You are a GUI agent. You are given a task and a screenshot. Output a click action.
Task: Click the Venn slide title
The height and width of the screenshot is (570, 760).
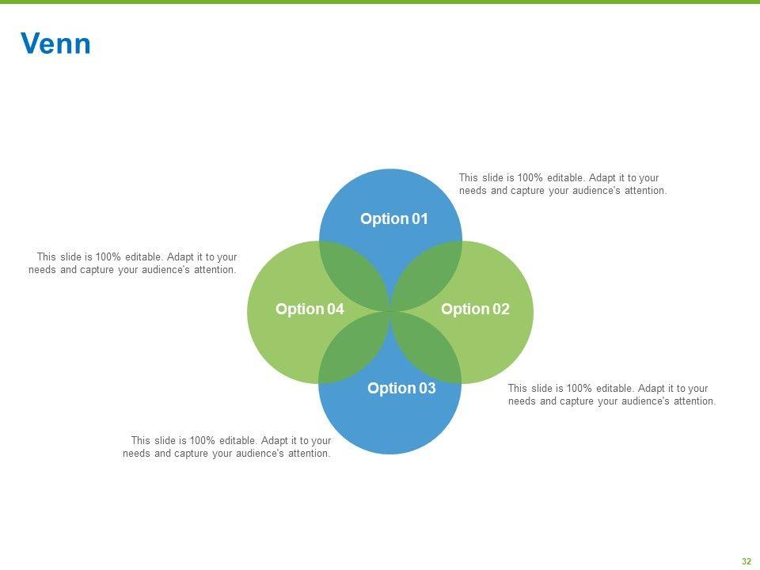click(x=55, y=44)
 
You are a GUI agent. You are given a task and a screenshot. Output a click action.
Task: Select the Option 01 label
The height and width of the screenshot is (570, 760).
click(x=393, y=219)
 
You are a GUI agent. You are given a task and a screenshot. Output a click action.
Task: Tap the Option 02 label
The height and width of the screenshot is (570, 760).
click(x=475, y=310)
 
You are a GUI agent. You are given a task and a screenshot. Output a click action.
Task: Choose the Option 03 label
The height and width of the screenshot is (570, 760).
click(x=401, y=389)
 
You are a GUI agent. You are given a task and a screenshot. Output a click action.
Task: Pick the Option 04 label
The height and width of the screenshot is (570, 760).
click(x=310, y=310)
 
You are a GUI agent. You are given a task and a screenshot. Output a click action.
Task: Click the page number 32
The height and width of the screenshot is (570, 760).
click(x=746, y=561)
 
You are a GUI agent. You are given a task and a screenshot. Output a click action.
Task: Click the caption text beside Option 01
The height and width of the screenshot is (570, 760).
click(x=562, y=184)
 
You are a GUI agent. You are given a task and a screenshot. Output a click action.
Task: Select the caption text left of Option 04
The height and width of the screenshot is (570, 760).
click(x=133, y=264)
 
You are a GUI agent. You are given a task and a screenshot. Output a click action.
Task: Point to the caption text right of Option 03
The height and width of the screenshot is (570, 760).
click(x=611, y=395)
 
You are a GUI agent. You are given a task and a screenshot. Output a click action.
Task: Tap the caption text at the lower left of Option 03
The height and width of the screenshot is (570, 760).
click(x=227, y=447)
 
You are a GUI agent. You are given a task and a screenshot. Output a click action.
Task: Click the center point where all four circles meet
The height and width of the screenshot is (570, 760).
click(x=390, y=311)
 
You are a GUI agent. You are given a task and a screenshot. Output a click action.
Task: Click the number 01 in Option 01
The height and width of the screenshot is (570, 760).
click(x=420, y=219)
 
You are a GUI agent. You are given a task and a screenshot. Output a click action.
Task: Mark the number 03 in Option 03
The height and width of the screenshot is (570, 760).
click(x=427, y=389)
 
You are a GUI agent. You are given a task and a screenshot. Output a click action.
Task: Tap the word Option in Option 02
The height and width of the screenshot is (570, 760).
click(x=465, y=310)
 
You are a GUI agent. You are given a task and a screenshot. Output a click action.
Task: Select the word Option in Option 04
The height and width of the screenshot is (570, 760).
click(x=299, y=310)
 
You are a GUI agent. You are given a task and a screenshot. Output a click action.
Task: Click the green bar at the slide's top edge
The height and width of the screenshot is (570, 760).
click(x=380, y=2)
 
